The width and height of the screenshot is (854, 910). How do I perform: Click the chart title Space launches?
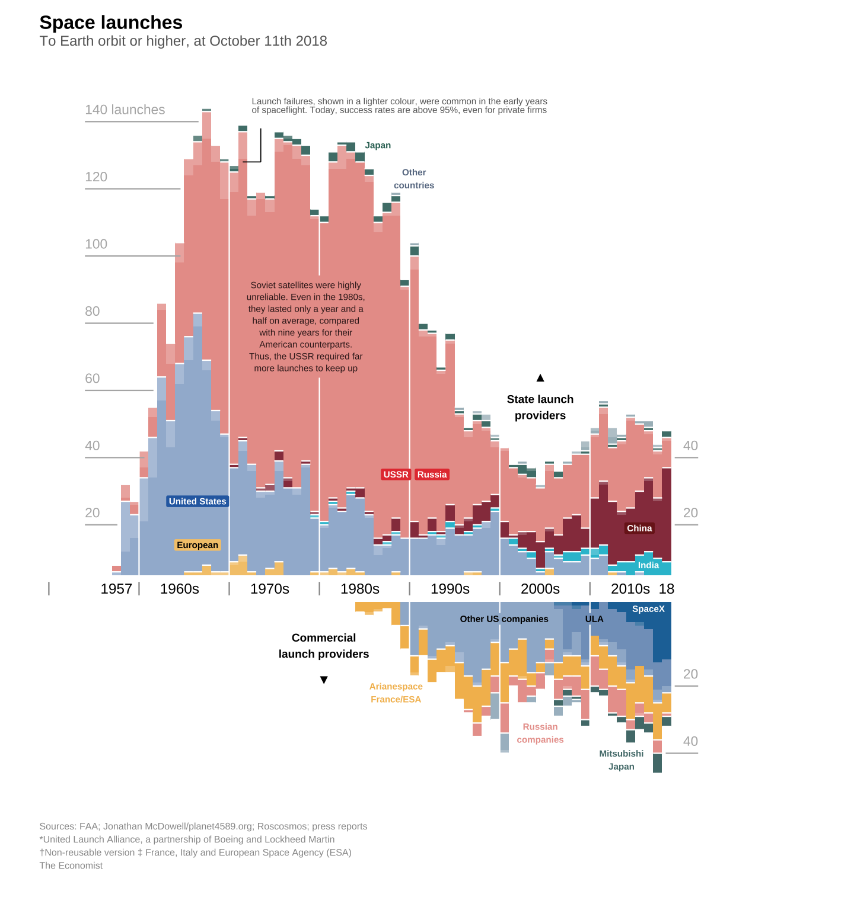[x=111, y=23]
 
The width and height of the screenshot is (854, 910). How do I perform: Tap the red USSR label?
[x=396, y=475]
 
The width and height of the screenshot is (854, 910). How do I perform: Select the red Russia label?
[x=432, y=475]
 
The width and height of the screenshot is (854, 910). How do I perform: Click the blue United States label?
[x=197, y=501]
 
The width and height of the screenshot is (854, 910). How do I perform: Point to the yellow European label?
[x=197, y=545]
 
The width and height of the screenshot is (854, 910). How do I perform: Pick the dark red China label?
[x=639, y=528]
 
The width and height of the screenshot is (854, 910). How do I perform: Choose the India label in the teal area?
[x=648, y=565]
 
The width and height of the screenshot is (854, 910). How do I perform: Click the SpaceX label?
[x=648, y=609]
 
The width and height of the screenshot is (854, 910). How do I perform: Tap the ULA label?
[x=594, y=619]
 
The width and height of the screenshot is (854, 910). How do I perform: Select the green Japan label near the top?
[x=378, y=145]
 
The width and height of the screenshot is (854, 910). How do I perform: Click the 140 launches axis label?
[x=125, y=110]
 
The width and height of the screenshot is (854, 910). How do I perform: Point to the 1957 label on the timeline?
[x=116, y=589]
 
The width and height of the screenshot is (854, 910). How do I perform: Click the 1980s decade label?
[x=360, y=589]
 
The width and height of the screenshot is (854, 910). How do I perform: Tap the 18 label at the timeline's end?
[x=667, y=589]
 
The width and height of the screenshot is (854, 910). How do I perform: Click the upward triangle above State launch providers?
[x=540, y=378]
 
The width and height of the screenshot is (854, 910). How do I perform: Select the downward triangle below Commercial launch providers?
[x=324, y=680]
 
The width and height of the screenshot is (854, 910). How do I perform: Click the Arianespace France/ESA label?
[x=396, y=693]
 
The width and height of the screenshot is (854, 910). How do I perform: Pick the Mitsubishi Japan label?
[x=621, y=760]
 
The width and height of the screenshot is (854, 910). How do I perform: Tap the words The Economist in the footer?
[x=71, y=866]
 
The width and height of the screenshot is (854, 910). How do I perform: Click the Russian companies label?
[x=540, y=733]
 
